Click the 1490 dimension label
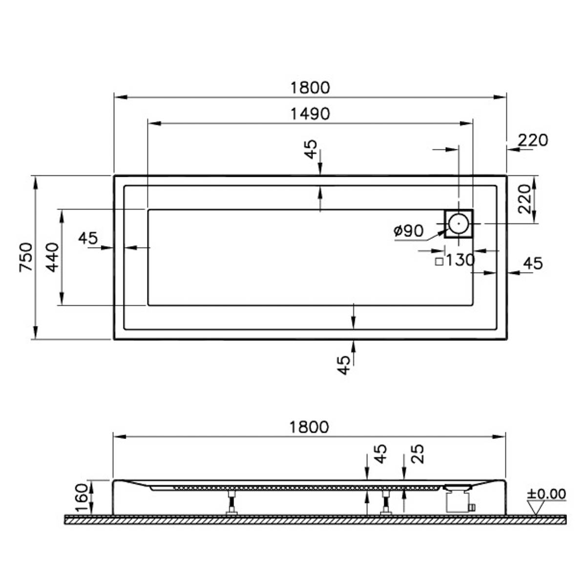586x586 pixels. click(310, 114)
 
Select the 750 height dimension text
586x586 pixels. click(26, 257)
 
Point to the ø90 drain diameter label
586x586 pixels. click(409, 230)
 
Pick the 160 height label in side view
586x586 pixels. click(82, 498)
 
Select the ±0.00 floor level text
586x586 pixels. click(546, 494)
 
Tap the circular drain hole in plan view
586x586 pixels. click(459, 223)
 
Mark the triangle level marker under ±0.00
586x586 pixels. click(537, 508)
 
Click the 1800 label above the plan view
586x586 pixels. click(310, 88)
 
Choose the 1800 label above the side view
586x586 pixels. click(309, 427)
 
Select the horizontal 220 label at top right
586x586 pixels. click(533, 141)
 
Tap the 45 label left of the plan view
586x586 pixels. click(88, 238)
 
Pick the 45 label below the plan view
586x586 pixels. click(345, 364)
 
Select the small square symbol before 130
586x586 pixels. click(439, 261)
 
